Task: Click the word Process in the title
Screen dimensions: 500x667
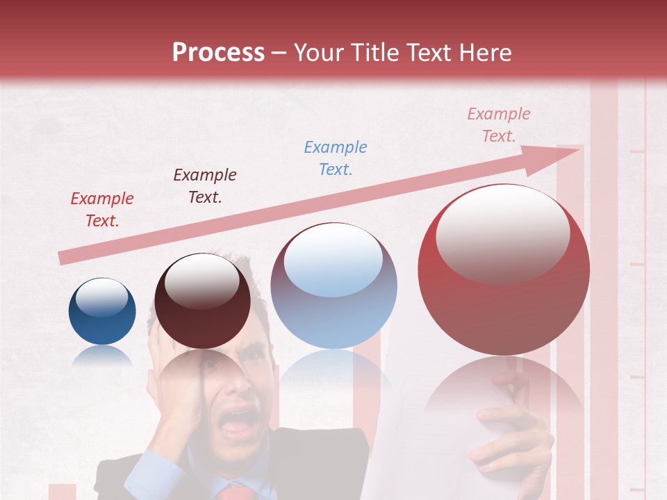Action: tap(218, 53)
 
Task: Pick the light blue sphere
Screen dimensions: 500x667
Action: tap(333, 285)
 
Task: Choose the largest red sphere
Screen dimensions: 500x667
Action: tap(504, 269)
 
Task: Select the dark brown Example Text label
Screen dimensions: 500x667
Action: tap(205, 186)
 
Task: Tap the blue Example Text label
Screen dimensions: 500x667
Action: tap(336, 158)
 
